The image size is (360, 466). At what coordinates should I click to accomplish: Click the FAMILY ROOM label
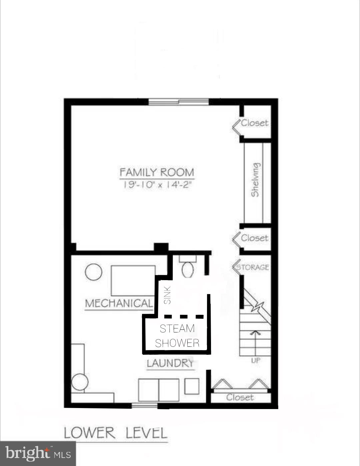[x=156, y=172]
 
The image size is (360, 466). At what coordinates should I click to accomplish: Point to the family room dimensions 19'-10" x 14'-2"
[x=157, y=184]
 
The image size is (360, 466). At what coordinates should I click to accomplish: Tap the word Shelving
[x=255, y=180]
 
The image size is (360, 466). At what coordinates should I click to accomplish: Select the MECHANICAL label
[x=119, y=303]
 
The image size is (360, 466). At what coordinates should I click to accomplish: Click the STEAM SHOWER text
[x=177, y=335]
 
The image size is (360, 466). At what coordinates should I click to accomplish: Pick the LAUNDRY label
[x=170, y=363]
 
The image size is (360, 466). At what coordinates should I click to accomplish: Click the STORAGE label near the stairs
[x=253, y=267]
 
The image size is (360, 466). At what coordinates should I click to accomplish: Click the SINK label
[x=167, y=295]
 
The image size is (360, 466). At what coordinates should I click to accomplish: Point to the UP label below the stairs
[x=256, y=360]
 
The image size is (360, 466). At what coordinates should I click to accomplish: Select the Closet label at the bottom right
[x=240, y=397]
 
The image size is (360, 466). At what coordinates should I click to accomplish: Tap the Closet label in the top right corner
[x=255, y=123]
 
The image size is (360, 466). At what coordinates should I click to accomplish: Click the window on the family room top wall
[x=178, y=102]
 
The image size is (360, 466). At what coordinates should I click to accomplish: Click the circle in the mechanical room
[x=93, y=272]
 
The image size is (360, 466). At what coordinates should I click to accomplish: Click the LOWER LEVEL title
[x=115, y=433]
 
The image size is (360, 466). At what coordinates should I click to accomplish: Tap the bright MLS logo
[x=38, y=454]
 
